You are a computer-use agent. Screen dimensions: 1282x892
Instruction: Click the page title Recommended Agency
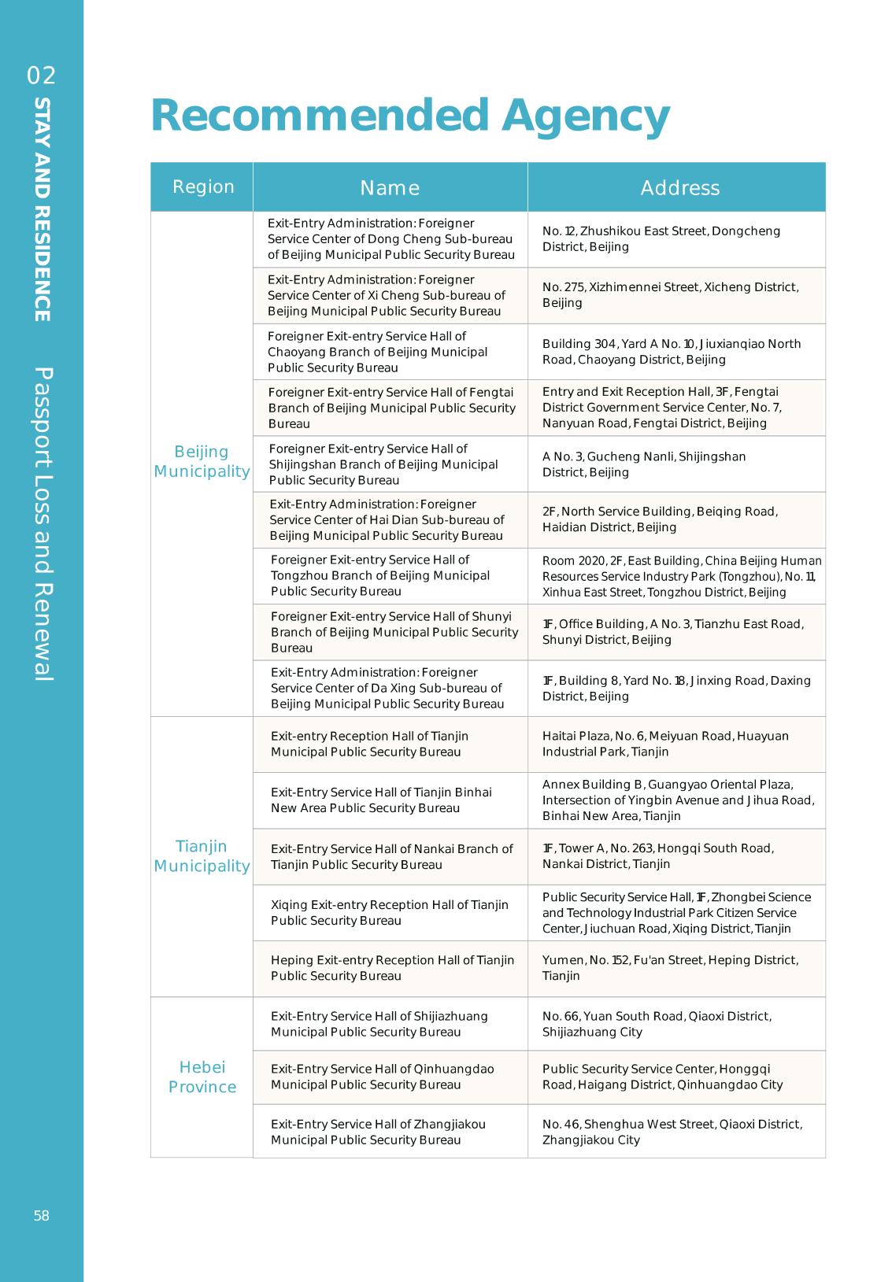coord(409,115)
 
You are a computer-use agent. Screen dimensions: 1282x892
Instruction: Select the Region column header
coord(203,187)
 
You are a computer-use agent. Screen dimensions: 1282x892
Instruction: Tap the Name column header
coord(390,187)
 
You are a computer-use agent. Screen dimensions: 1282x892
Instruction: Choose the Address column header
coord(679,187)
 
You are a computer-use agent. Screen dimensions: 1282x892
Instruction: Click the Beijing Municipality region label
coord(202,461)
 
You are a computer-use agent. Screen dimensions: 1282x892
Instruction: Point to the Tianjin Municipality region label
coord(202,855)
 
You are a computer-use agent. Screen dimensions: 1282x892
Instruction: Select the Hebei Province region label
coord(202,1077)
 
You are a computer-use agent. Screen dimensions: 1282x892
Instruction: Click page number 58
coord(42,1215)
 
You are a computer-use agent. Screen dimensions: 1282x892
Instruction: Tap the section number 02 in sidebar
coord(42,76)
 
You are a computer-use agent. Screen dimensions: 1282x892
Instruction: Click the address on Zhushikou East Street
coord(661,238)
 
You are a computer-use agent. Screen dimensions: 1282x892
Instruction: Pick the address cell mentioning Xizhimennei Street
coord(670,294)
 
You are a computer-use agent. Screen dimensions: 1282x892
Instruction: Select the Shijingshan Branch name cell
coord(383,464)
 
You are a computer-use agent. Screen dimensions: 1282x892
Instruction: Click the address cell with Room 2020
coord(681,576)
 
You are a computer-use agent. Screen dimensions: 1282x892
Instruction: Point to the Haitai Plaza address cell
coord(665,744)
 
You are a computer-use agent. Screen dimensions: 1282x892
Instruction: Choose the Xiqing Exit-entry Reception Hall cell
coord(390,912)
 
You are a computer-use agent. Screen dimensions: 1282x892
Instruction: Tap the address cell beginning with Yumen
coord(670,968)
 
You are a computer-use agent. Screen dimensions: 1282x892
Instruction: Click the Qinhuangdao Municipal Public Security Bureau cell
coord(383,1077)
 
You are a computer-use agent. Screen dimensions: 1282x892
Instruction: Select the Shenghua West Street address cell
coord(672,1132)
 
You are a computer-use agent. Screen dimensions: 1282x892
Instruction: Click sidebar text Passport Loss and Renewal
coord(43,523)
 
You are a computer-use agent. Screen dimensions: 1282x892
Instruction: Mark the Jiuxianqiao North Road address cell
coord(672,351)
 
